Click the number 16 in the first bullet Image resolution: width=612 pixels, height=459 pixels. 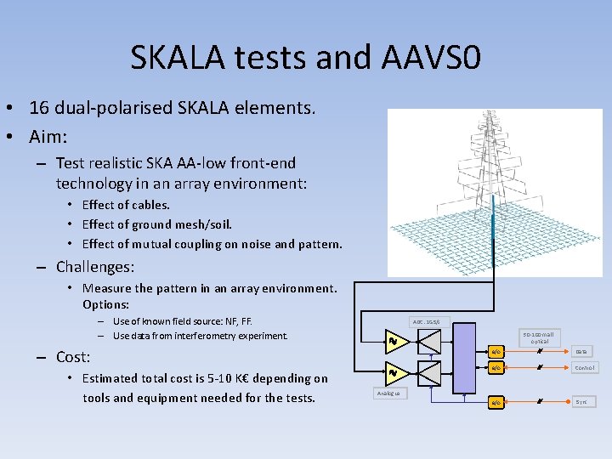point(39,108)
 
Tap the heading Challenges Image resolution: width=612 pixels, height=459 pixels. point(95,267)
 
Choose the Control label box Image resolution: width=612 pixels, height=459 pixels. point(584,368)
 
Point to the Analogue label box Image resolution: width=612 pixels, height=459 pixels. point(391,394)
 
